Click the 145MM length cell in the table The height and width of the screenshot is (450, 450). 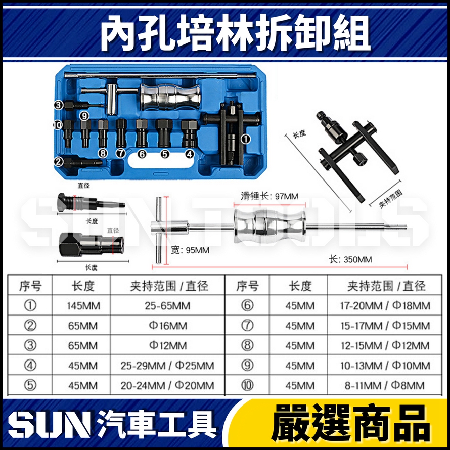[83, 306]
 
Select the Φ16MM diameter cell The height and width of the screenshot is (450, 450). [168, 326]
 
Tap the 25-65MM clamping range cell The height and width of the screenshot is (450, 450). [167, 306]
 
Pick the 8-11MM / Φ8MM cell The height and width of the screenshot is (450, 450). [385, 385]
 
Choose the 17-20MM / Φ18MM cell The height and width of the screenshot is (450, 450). [385, 306]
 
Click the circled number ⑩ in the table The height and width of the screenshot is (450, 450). [247, 385]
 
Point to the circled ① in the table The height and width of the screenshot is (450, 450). [30, 306]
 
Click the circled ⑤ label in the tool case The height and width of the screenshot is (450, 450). [165, 154]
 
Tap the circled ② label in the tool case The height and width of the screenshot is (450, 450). [59, 162]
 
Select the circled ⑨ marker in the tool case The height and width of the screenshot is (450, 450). [84, 116]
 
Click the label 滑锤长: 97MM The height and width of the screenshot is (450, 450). [269, 196]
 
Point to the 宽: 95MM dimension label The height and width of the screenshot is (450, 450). [190, 250]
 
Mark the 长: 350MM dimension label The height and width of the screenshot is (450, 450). [350, 260]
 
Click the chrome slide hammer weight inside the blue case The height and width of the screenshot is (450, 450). [170, 97]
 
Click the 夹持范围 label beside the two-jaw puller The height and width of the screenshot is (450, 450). [391, 199]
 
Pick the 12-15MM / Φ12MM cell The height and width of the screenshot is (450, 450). [385, 345]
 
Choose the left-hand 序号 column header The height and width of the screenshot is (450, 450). [30, 286]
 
